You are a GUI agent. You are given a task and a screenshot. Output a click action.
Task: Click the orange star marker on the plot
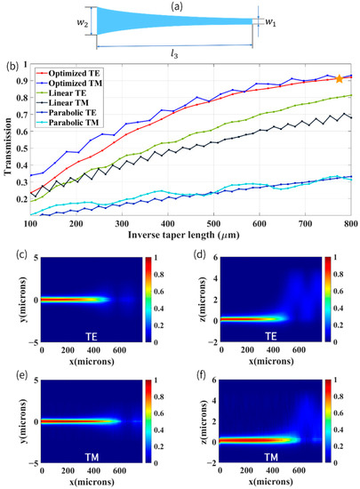[x=339, y=79]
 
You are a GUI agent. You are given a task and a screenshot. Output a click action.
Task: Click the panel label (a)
[x=181, y=5]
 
